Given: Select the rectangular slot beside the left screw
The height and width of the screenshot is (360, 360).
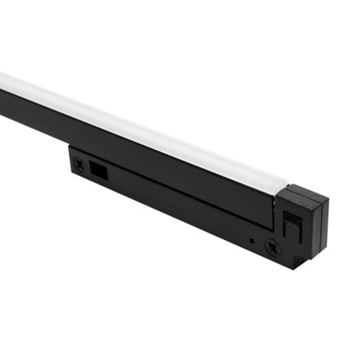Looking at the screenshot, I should pyautogui.click(x=98, y=169).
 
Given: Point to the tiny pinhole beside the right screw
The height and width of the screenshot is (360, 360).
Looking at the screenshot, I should pyautogui.click(x=252, y=241).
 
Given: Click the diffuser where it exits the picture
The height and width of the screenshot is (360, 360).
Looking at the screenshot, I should pyautogui.click(x=3, y=79).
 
